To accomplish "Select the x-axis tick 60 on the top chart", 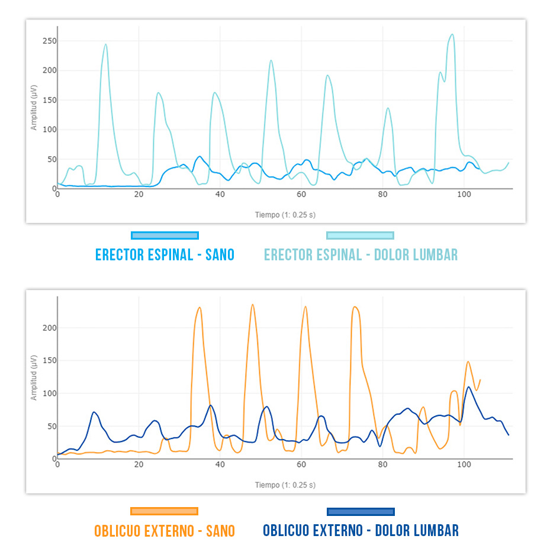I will pyautogui.click(x=301, y=195).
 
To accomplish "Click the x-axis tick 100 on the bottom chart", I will pyautogui.click(x=464, y=465).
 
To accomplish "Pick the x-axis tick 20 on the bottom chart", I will pyautogui.click(x=139, y=465).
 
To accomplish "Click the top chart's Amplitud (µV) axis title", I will pyautogui.click(x=34, y=108).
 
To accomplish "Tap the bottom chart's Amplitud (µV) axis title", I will pyautogui.click(x=34, y=377).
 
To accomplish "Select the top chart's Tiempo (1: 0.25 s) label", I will pyautogui.click(x=285, y=215).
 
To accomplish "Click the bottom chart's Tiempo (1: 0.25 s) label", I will pyautogui.click(x=285, y=485).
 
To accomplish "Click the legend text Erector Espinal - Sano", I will pyautogui.click(x=165, y=255).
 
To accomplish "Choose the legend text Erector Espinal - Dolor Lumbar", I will pyautogui.click(x=361, y=255).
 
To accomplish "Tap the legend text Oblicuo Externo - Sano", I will pyautogui.click(x=165, y=531).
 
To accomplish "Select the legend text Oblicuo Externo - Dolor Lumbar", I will pyautogui.click(x=361, y=530).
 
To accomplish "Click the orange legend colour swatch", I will pyautogui.click(x=165, y=511).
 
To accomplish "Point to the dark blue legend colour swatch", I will pyautogui.click(x=361, y=511).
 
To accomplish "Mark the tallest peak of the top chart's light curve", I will pyautogui.click(x=452, y=34).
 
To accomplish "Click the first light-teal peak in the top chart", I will pyautogui.click(x=105, y=44).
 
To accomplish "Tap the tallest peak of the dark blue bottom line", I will pyautogui.click(x=469, y=388).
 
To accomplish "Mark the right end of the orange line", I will pyautogui.click(x=480, y=380).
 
